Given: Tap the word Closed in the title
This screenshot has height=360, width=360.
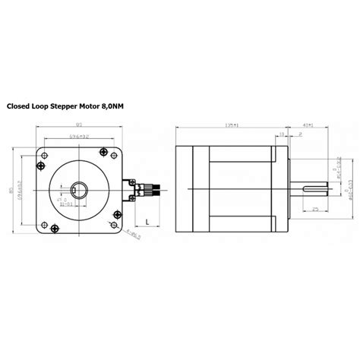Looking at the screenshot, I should (x=21, y=108).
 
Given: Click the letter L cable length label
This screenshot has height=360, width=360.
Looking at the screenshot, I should (x=146, y=223).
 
